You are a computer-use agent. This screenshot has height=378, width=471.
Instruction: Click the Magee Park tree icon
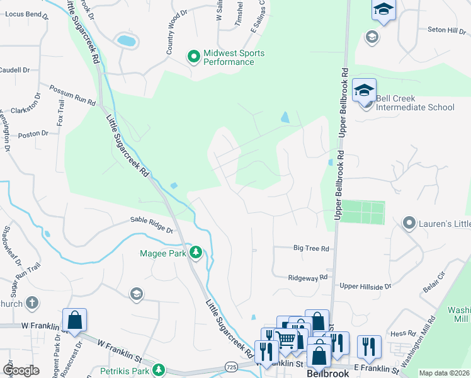(x=196, y=253)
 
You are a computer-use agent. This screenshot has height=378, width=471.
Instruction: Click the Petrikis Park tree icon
(x=160, y=369)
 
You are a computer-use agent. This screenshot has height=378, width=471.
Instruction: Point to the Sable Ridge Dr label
(x=151, y=220)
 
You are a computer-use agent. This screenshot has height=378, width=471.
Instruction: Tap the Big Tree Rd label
(x=311, y=249)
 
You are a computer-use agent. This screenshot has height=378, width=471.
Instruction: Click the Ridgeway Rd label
(x=308, y=277)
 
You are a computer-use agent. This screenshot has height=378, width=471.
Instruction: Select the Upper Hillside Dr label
(x=365, y=286)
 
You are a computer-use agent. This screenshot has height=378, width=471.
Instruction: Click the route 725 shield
(x=231, y=365)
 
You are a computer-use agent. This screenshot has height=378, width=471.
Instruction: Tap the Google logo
(x=21, y=370)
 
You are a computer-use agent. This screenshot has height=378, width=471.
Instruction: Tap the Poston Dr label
(x=33, y=134)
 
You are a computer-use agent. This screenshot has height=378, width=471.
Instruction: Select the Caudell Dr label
(x=14, y=70)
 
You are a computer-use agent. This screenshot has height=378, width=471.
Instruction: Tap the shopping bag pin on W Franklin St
(x=74, y=320)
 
